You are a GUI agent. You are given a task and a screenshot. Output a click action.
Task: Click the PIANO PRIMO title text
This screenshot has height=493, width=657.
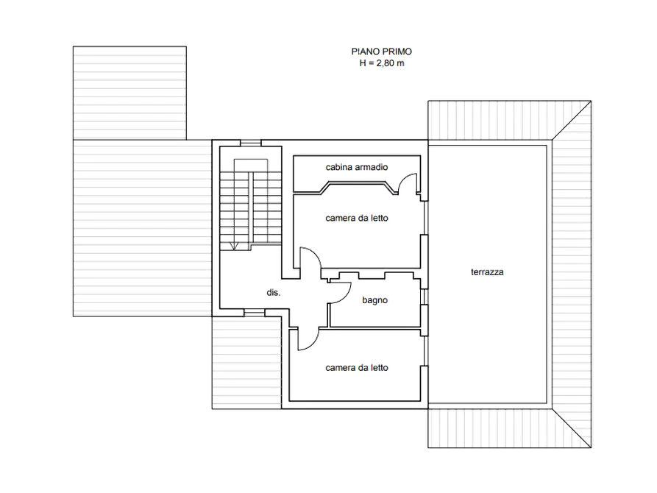pyautogui.click(x=381, y=52)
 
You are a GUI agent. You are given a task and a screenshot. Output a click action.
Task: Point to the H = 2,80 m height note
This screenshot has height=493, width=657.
pyautogui.click(x=382, y=63)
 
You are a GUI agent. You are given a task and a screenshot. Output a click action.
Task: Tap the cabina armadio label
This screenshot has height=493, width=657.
pyautogui.click(x=357, y=167)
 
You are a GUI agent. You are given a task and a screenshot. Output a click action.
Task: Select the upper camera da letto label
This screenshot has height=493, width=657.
pyautogui.click(x=357, y=218)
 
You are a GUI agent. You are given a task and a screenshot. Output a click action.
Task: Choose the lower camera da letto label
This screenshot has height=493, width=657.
pyautogui.click(x=357, y=368)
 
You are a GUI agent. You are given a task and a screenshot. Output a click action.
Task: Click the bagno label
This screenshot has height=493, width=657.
pyautogui.click(x=374, y=300)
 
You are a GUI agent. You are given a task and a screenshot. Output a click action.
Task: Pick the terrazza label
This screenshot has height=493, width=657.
pyautogui.click(x=487, y=272)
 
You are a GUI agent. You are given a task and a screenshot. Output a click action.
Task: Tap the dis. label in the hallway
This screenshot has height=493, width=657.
pyautogui.click(x=273, y=293)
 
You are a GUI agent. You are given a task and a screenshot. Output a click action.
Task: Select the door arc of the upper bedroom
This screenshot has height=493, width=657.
pyautogui.click(x=315, y=254)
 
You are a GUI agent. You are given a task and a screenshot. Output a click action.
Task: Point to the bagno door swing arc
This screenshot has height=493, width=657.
pyautogui.click(x=346, y=295)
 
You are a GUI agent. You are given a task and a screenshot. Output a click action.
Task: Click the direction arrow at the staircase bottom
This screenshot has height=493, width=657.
pyautogui.click(x=234, y=246)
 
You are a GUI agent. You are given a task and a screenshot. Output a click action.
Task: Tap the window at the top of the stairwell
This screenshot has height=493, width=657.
pyautogui.click(x=251, y=143)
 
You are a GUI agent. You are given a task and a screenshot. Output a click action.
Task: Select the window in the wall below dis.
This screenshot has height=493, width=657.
pyautogui.click(x=255, y=313)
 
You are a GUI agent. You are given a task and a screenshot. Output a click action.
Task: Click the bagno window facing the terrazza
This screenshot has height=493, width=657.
pyautogui.click(x=424, y=297)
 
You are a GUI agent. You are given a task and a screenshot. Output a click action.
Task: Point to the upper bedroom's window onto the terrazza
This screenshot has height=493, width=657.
pyautogui.click(x=424, y=219)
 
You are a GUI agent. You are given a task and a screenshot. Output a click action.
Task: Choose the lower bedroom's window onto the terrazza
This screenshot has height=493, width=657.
pyautogui.click(x=424, y=351)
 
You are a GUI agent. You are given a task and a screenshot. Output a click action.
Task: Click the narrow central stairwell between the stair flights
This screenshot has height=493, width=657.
pyautogui.click(x=251, y=207)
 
